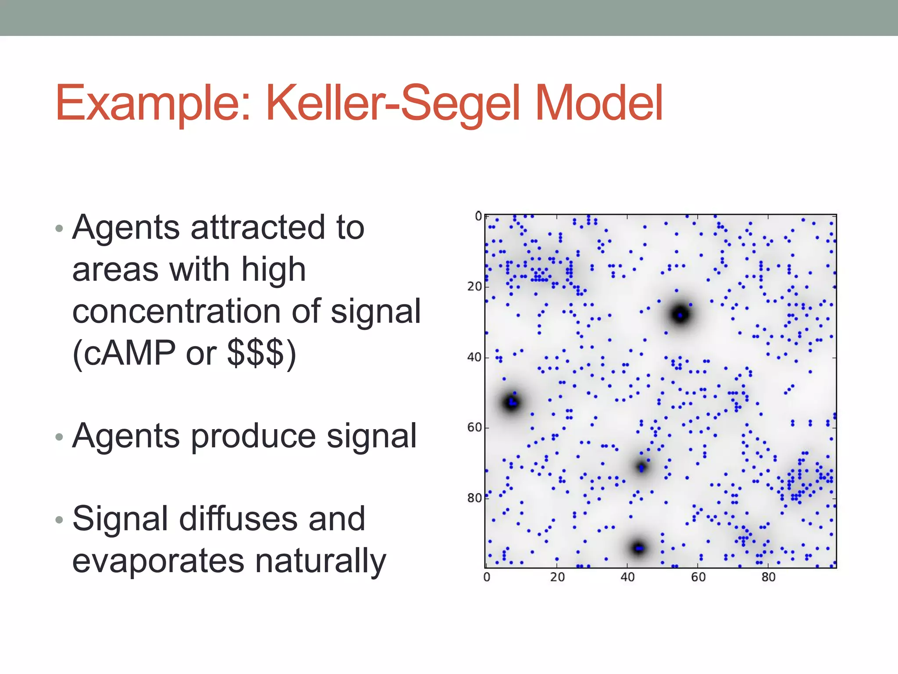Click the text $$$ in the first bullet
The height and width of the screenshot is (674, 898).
coord(256,352)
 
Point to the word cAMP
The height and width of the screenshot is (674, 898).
coord(130,352)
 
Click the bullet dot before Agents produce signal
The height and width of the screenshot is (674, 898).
coord(60,437)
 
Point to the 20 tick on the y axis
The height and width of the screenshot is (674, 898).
coord(474,287)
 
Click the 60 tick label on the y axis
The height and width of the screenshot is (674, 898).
coord(474,427)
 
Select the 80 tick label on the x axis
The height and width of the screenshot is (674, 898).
coord(768,577)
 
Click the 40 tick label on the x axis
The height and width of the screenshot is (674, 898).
coord(627,577)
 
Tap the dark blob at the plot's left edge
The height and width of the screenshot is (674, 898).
coord(512,402)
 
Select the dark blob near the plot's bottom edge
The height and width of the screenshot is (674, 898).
coord(638,548)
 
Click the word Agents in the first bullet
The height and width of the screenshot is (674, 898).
coord(126,228)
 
